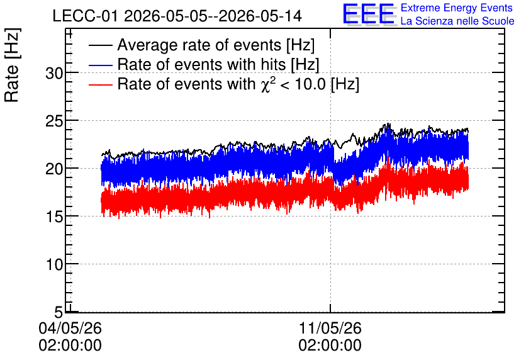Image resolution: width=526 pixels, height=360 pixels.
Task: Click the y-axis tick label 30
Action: [x=54, y=73]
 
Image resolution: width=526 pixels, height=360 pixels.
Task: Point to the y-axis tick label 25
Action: [x=54, y=121]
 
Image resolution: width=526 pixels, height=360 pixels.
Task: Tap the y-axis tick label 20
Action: [x=54, y=169]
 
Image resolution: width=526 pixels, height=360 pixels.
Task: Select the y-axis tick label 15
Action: [x=54, y=217]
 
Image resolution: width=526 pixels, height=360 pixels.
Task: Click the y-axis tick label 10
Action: [x=54, y=265]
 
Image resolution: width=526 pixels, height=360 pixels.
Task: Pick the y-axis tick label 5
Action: [x=59, y=313]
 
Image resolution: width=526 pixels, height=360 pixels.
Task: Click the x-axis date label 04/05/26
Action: [x=70, y=328]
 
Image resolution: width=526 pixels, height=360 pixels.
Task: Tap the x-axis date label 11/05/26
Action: [x=330, y=328]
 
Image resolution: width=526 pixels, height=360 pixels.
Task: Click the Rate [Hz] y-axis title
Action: [x=12, y=65]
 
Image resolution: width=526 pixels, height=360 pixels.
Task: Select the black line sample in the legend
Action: [x=100, y=45]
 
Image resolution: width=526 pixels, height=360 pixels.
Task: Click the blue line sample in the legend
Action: [x=100, y=65]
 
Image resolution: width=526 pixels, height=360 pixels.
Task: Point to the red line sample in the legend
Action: [x=100, y=84]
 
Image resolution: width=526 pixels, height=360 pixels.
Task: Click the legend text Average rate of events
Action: [x=199, y=45]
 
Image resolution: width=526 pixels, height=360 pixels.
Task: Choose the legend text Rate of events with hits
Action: [x=201, y=64]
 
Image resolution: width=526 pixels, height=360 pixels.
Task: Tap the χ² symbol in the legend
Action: [x=268, y=84]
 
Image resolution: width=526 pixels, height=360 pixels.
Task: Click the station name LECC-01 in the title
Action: [x=86, y=16]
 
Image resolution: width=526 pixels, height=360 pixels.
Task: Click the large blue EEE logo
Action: [x=369, y=14]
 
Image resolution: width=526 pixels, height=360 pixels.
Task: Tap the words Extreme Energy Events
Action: [x=457, y=8]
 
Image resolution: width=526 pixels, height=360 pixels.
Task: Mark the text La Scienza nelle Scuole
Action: [x=457, y=21]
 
